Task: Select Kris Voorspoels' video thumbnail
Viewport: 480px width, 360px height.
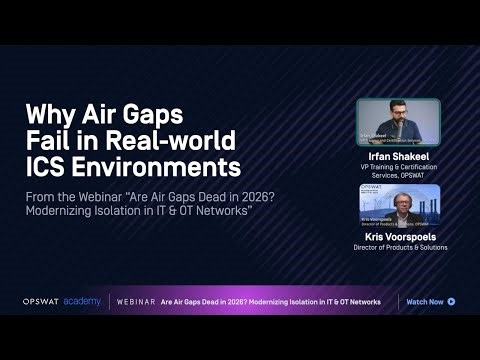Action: pyautogui.click(x=399, y=206)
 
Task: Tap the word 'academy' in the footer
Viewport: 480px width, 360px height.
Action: pyautogui.click(x=82, y=301)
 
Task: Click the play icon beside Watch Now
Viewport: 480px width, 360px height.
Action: pyautogui.click(x=452, y=301)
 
